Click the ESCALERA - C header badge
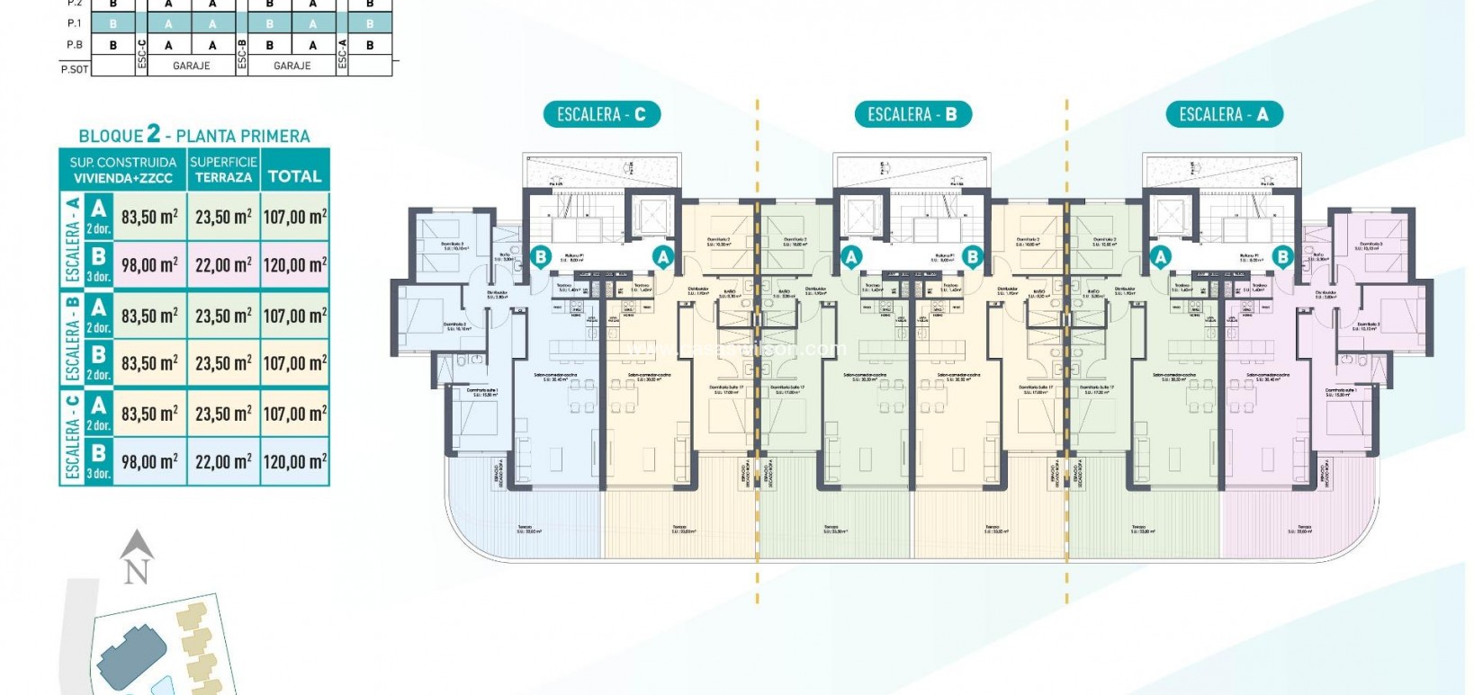[x=601, y=114]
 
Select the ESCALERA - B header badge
[x=912, y=114]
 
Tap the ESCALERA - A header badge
[x=1223, y=114]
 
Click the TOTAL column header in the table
[x=295, y=176]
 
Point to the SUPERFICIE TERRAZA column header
[x=223, y=169]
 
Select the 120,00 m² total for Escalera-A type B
[x=295, y=265]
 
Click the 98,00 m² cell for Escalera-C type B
[x=149, y=462]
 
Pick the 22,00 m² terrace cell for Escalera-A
[x=223, y=265]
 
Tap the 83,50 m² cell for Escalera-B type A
[x=149, y=316]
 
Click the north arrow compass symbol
[x=136, y=557]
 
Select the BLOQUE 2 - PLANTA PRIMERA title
[x=194, y=136]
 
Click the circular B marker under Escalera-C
[x=541, y=257]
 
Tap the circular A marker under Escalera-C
[x=662, y=257]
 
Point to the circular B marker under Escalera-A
[x=1282, y=257]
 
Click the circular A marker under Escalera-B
[x=850, y=257]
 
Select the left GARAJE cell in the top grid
[x=191, y=66]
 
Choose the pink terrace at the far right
[x=1296, y=526]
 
